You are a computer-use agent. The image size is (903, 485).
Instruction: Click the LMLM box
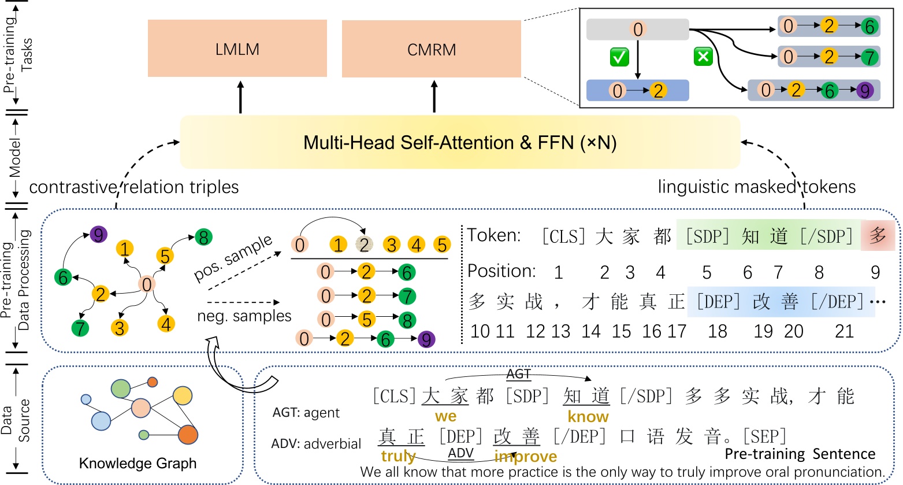point(237,49)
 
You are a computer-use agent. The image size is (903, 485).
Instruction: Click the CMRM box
point(431,49)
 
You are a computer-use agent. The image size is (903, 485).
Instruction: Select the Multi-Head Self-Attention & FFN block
point(460,142)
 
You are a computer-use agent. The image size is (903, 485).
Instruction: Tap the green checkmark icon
point(619,57)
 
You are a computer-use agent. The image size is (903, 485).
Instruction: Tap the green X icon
point(703,57)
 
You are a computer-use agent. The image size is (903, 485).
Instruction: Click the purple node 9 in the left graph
point(99,235)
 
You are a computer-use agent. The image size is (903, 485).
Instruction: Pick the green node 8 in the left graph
point(203,237)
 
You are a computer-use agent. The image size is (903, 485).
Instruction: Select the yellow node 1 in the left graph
point(125,249)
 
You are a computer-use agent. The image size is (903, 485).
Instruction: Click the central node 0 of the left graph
point(147,284)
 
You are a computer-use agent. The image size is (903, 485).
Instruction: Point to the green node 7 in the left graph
point(80,328)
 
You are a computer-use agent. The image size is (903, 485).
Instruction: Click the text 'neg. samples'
point(244,316)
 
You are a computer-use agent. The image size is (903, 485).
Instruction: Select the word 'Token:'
point(493,235)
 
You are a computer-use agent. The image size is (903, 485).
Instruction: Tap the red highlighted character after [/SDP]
point(878,236)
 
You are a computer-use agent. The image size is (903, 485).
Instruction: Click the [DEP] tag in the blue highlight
point(718,302)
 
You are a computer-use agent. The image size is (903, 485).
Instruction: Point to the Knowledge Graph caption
point(138,463)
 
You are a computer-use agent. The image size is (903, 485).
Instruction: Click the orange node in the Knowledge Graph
point(188,434)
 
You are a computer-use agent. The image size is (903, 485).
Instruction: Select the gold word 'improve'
point(525,457)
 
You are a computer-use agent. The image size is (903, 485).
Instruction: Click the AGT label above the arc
point(518,374)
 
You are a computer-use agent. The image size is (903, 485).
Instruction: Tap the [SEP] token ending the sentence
point(764,436)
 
